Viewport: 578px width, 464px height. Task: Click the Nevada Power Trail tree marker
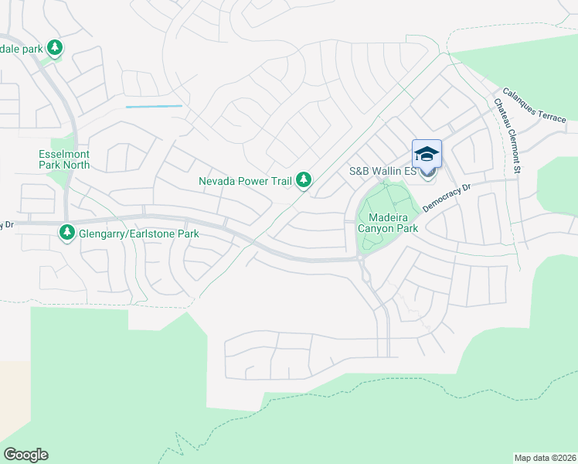(x=304, y=181)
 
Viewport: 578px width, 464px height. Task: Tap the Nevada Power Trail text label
(x=245, y=182)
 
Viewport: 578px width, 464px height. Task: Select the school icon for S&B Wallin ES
(x=427, y=153)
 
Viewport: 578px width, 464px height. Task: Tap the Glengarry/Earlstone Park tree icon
(x=67, y=232)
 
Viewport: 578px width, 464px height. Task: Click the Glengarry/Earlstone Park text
(x=139, y=234)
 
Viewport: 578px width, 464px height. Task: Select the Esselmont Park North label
(x=64, y=159)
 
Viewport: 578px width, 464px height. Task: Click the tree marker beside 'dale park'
(x=55, y=48)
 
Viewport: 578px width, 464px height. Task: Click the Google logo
(x=25, y=455)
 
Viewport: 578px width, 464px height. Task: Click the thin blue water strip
(x=154, y=106)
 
